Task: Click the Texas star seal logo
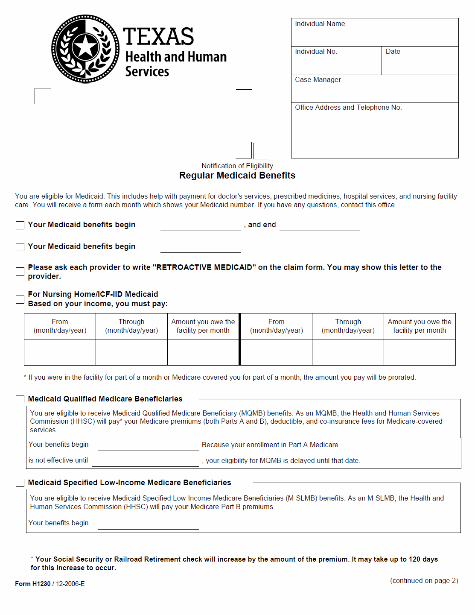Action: [85, 49]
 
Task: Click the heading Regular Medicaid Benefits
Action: [237, 176]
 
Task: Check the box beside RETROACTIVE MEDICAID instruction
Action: [20, 272]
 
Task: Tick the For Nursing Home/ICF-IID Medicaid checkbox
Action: [20, 299]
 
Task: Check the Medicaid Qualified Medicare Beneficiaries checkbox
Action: [20, 399]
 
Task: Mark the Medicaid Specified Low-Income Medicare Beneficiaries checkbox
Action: [20, 483]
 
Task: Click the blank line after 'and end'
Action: [319, 227]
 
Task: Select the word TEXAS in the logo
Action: [158, 36]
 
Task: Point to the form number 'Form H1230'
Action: [33, 584]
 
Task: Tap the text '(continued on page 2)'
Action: [424, 581]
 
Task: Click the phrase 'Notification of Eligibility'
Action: [237, 166]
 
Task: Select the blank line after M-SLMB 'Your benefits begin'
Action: [148, 525]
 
